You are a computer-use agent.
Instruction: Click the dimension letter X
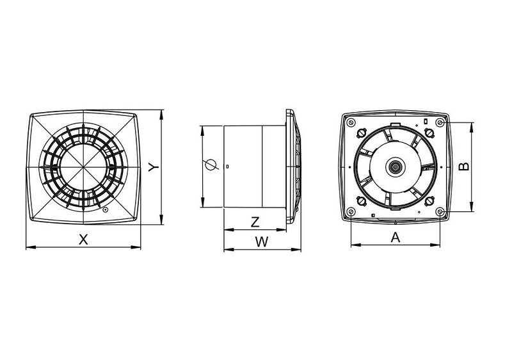click(x=83, y=240)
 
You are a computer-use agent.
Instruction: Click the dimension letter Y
click(x=154, y=167)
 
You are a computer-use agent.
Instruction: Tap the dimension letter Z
click(x=255, y=222)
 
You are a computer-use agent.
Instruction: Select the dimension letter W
click(x=262, y=242)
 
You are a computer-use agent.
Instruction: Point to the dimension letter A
click(x=396, y=238)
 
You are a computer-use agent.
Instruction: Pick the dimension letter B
click(x=464, y=167)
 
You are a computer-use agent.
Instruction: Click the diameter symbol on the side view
click(x=211, y=165)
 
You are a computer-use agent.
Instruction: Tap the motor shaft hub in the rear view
click(x=396, y=167)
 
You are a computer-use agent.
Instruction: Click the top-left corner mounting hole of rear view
click(x=351, y=122)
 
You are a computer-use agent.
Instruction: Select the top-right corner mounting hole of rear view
click(x=440, y=122)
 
